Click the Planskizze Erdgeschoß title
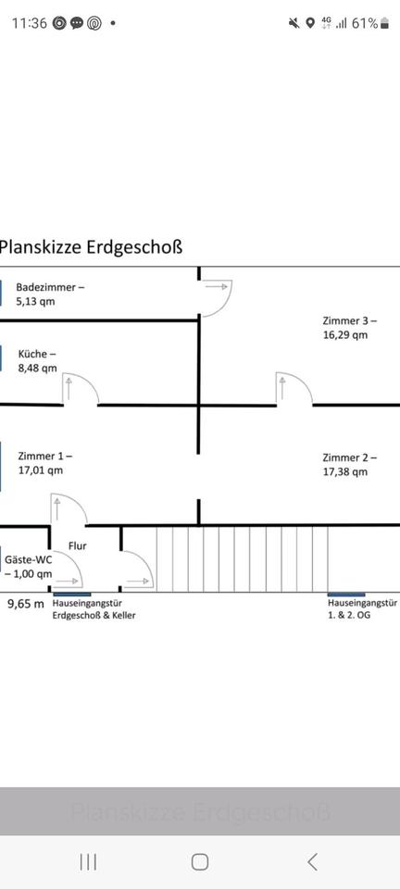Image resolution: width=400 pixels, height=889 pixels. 91,248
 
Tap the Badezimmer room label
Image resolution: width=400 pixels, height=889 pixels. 50,294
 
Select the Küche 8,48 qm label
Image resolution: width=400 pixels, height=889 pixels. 37,361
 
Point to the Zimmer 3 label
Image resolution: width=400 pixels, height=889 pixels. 350,328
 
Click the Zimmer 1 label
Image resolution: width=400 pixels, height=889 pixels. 44,463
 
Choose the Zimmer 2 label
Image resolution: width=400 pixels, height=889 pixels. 350,465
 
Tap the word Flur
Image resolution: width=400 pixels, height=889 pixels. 78,546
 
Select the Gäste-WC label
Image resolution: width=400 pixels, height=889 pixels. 29,567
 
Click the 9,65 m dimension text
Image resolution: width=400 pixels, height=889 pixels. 26,604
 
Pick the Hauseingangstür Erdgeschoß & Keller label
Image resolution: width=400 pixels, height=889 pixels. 94,609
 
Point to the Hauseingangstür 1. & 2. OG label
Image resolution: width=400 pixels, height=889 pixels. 363,609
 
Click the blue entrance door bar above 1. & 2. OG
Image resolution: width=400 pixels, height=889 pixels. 346,595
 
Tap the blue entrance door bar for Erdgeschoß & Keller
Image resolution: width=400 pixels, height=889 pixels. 72,595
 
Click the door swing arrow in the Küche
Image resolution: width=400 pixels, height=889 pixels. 69,388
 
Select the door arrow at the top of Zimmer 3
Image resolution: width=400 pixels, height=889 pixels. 217,287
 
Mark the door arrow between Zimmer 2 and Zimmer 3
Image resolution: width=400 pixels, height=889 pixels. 282,388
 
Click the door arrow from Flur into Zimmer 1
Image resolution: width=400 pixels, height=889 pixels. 56,509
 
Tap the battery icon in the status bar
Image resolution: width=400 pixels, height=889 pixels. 384,23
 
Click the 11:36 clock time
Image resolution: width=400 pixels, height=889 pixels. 30,23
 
